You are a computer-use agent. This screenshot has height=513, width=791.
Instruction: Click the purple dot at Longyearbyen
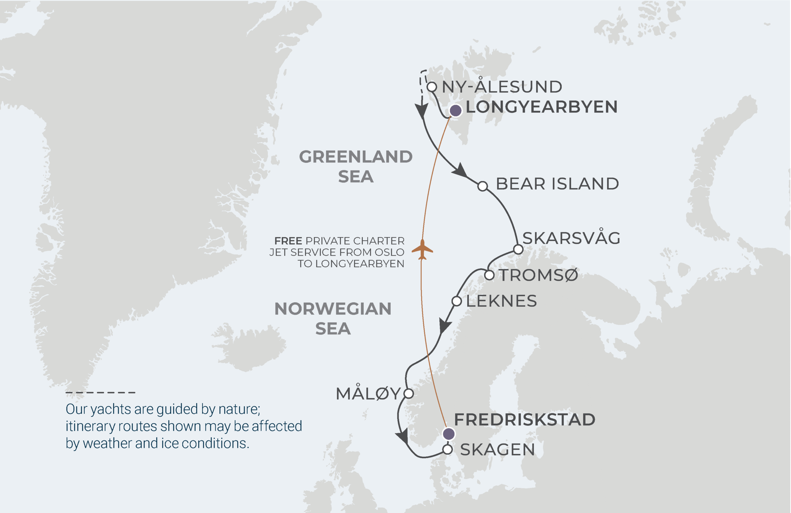click(x=455, y=110)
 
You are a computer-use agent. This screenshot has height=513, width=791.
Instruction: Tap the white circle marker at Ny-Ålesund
click(x=432, y=87)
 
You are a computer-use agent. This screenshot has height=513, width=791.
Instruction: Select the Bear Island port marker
click(x=483, y=186)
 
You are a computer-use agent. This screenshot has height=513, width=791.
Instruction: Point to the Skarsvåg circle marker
click(x=518, y=249)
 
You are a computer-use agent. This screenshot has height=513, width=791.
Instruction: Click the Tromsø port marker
click(x=489, y=275)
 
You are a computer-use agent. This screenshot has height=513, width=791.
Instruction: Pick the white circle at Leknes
click(x=457, y=301)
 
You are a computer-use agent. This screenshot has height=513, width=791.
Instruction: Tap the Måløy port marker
click(x=408, y=394)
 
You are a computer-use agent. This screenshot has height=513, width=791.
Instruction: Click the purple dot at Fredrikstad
click(x=449, y=434)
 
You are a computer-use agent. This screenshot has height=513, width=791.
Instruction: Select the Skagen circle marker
click(x=448, y=450)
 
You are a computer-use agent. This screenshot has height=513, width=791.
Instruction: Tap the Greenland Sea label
click(x=356, y=166)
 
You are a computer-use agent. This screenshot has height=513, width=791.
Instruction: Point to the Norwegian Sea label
click(x=333, y=319)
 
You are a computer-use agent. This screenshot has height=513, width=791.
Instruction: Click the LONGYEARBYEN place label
click(x=541, y=107)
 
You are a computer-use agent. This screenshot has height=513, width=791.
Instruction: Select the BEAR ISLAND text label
click(x=557, y=184)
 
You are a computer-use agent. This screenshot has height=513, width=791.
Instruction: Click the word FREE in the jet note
click(x=288, y=241)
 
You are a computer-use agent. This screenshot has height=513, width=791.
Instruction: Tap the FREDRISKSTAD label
click(x=524, y=420)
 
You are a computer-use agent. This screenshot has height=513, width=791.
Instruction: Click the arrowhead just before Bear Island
click(x=460, y=170)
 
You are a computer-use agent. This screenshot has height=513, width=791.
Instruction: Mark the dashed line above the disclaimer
click(x=100, y=392)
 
